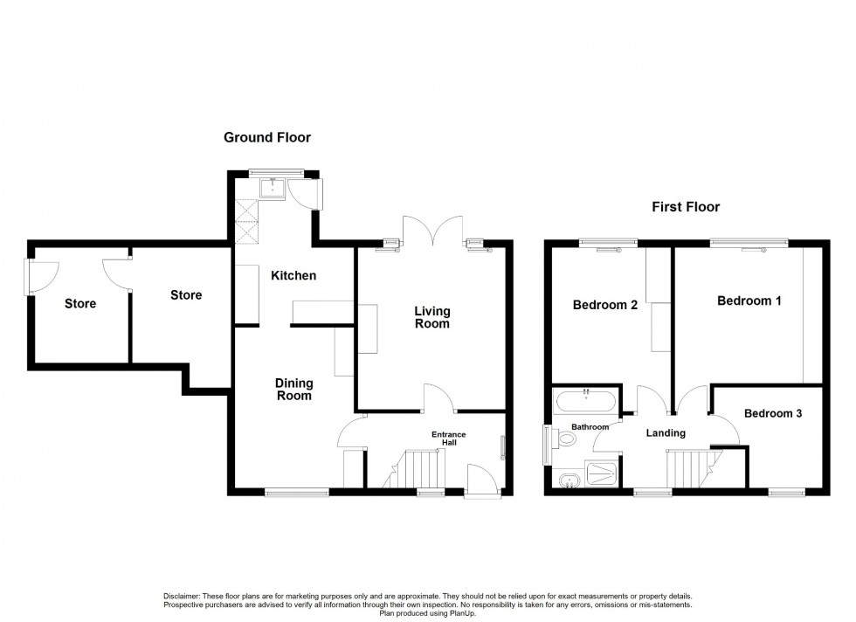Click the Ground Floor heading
267,137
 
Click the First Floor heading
686,207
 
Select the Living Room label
431,318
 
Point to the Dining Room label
293,390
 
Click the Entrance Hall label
449,439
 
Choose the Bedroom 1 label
749,301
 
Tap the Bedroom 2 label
604,306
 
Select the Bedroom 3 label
773,414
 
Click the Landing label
666,433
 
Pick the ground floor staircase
418,469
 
